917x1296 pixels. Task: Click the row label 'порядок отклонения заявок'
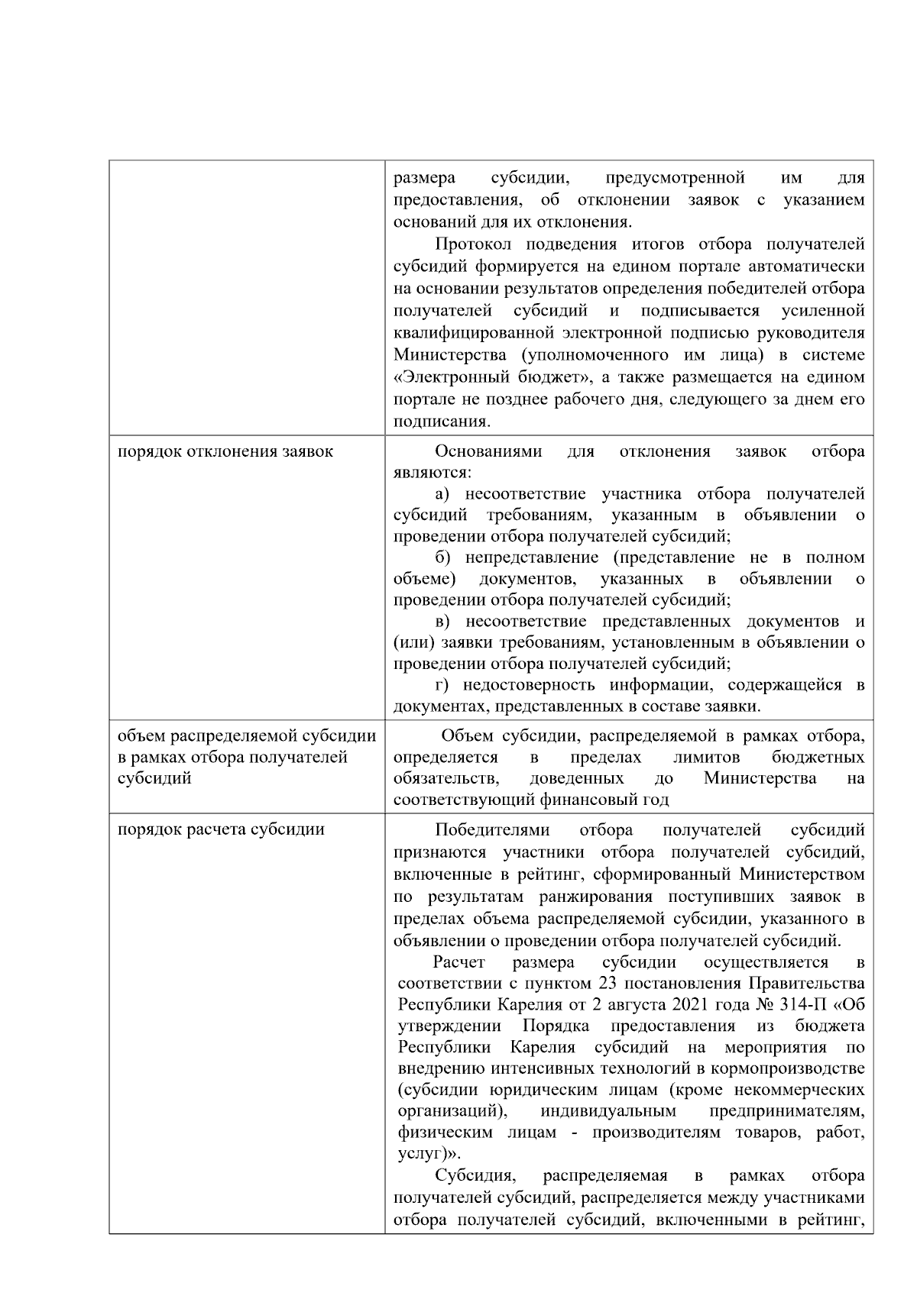coord(225,451)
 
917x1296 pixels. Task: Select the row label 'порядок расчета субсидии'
coord(220,829)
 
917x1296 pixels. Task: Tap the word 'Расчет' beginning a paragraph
coord(459,961)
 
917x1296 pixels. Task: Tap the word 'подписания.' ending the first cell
coord(442,422)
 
